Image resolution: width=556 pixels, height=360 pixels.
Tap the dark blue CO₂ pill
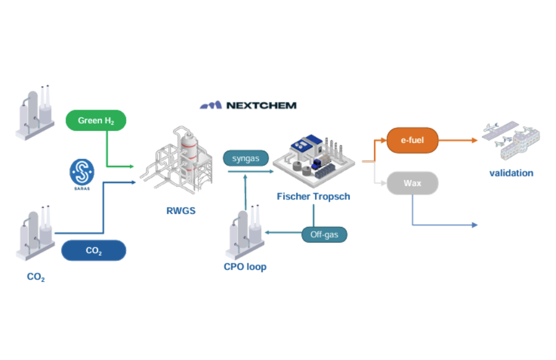(94, 250)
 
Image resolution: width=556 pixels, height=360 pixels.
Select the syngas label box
(245, 158)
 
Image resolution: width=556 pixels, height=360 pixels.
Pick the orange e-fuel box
(413, 140)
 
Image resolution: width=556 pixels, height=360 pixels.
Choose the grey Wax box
(412, 184)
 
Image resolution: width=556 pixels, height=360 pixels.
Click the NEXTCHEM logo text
(249, 106)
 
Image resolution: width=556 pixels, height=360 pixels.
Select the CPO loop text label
(245, 267)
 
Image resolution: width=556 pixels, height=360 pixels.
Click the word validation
(511, 173)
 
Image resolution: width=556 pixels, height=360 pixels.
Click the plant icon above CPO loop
(245, 232)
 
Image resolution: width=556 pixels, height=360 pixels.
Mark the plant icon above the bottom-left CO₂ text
(35, 235)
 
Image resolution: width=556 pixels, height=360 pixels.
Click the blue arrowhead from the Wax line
(474, 225)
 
